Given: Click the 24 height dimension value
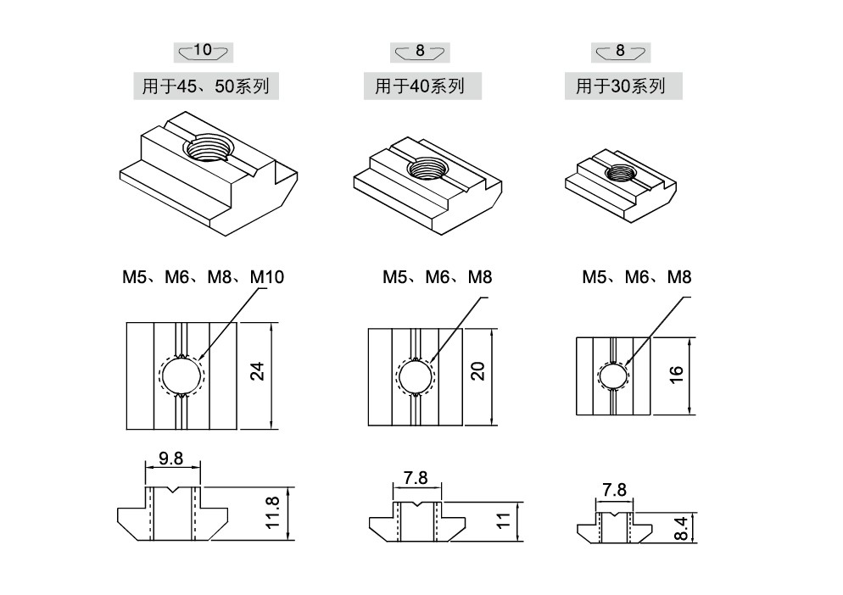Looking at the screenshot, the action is [x=258, y=371].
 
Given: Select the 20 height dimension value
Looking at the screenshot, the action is [x=478, y=371].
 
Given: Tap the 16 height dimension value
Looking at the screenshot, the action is [x=676, y=374].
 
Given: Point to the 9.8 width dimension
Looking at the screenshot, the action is [x=171, y=459].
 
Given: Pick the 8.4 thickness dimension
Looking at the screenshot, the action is [x=680, y=528].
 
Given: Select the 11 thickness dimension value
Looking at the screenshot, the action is [x=503, y=520].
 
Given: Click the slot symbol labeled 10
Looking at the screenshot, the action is [x=204, y=52].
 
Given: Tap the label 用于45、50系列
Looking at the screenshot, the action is [x=206, y=86].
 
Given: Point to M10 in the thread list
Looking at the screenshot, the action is [x=267, y=277].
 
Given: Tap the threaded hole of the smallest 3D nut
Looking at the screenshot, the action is [x=621, y=173].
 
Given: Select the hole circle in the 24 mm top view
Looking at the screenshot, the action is [x=182, y=375].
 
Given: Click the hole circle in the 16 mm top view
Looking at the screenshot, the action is [x=613, y=375].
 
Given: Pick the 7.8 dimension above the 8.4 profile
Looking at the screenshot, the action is [x=614, y=490].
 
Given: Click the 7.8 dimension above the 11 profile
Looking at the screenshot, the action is [x=416, y=478].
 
